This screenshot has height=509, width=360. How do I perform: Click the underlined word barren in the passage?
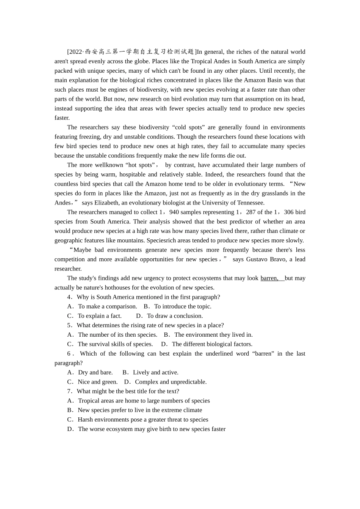(x=269, y=278)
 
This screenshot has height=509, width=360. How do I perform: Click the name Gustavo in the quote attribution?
(x=258, y=259)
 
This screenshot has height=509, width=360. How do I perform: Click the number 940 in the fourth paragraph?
(x=174, y=212)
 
